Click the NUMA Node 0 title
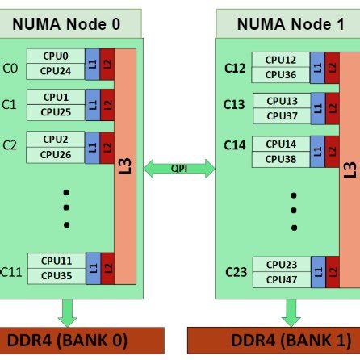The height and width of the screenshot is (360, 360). (68, 23)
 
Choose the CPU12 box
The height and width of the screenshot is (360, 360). (280, 60)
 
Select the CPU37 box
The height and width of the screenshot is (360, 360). (280, 116)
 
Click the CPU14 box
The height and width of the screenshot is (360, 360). (280, 144)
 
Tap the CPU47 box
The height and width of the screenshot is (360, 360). (280, 279)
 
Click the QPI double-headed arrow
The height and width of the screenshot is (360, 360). (179, 169)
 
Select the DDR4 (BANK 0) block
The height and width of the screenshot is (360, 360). (68, 340)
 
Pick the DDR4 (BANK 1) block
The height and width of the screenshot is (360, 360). (274, 340)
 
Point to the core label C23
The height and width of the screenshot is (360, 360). (236, 272)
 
